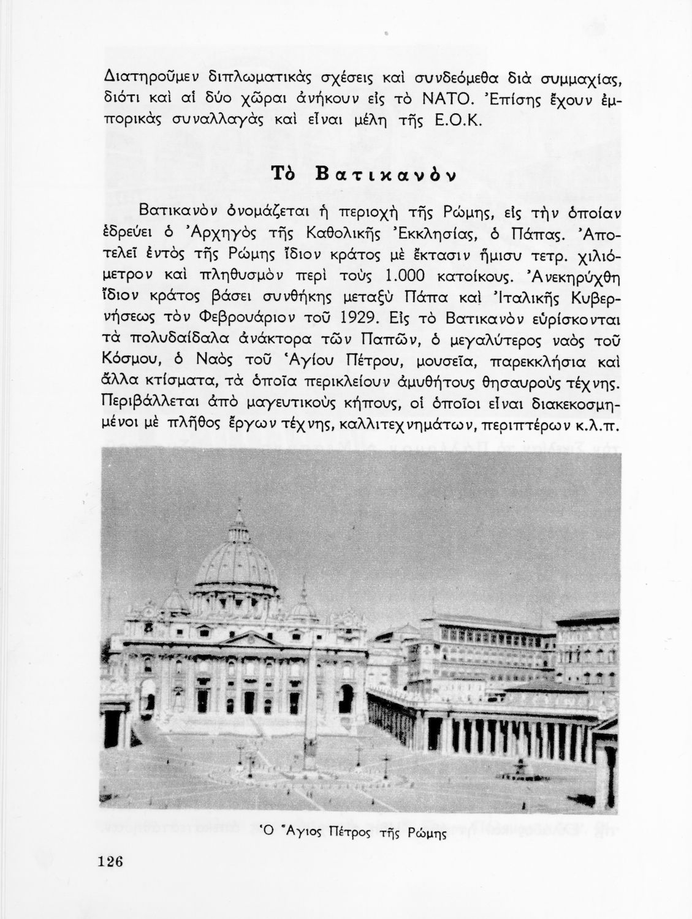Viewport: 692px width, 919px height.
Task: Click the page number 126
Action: point(110,860)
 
